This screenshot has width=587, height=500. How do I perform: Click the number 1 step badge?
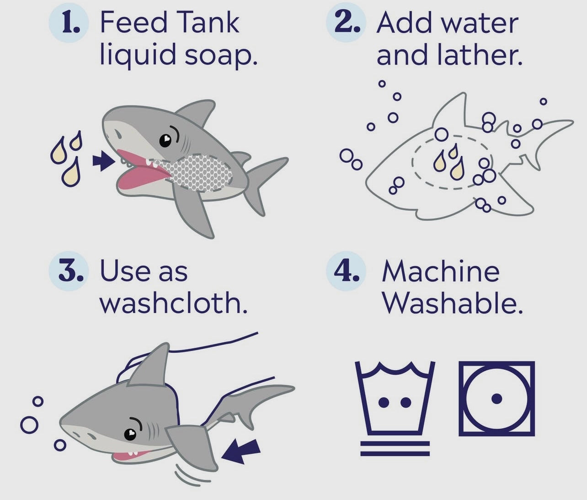tap(69, 23)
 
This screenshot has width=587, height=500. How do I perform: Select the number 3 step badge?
tap(69, 271)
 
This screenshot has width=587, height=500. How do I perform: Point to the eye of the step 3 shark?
tap(130, 434)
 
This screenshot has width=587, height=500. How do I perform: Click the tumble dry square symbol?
tap(496, 399)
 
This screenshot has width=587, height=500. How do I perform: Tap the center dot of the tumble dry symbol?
tap(496, 399)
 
